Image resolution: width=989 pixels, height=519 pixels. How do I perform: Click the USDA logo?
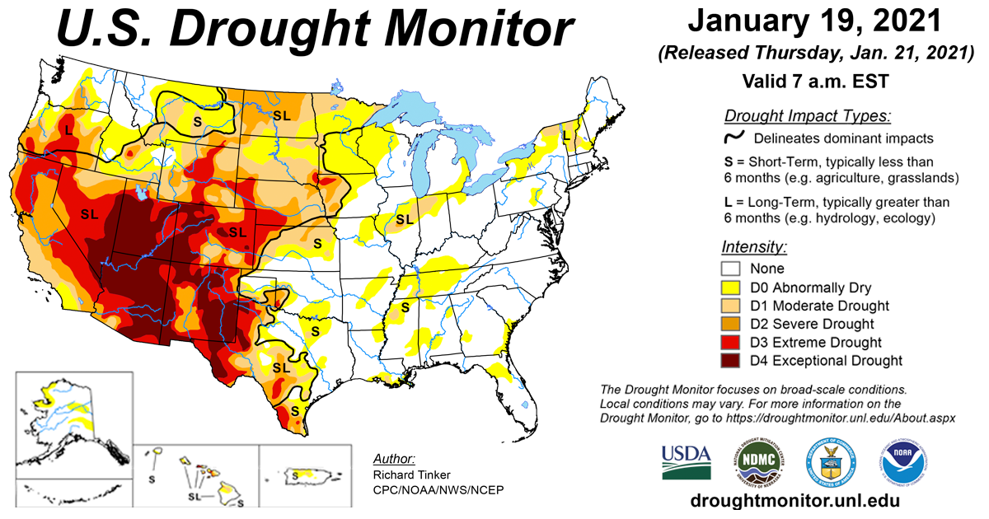tap(686, 462)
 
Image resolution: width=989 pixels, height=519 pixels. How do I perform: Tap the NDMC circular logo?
tap(756, 462)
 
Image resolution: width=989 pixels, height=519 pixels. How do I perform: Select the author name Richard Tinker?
tap(410, 475)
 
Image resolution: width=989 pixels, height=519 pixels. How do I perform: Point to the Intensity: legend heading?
tap(754, 246)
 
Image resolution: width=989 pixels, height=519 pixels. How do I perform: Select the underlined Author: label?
tap(394, 459)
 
